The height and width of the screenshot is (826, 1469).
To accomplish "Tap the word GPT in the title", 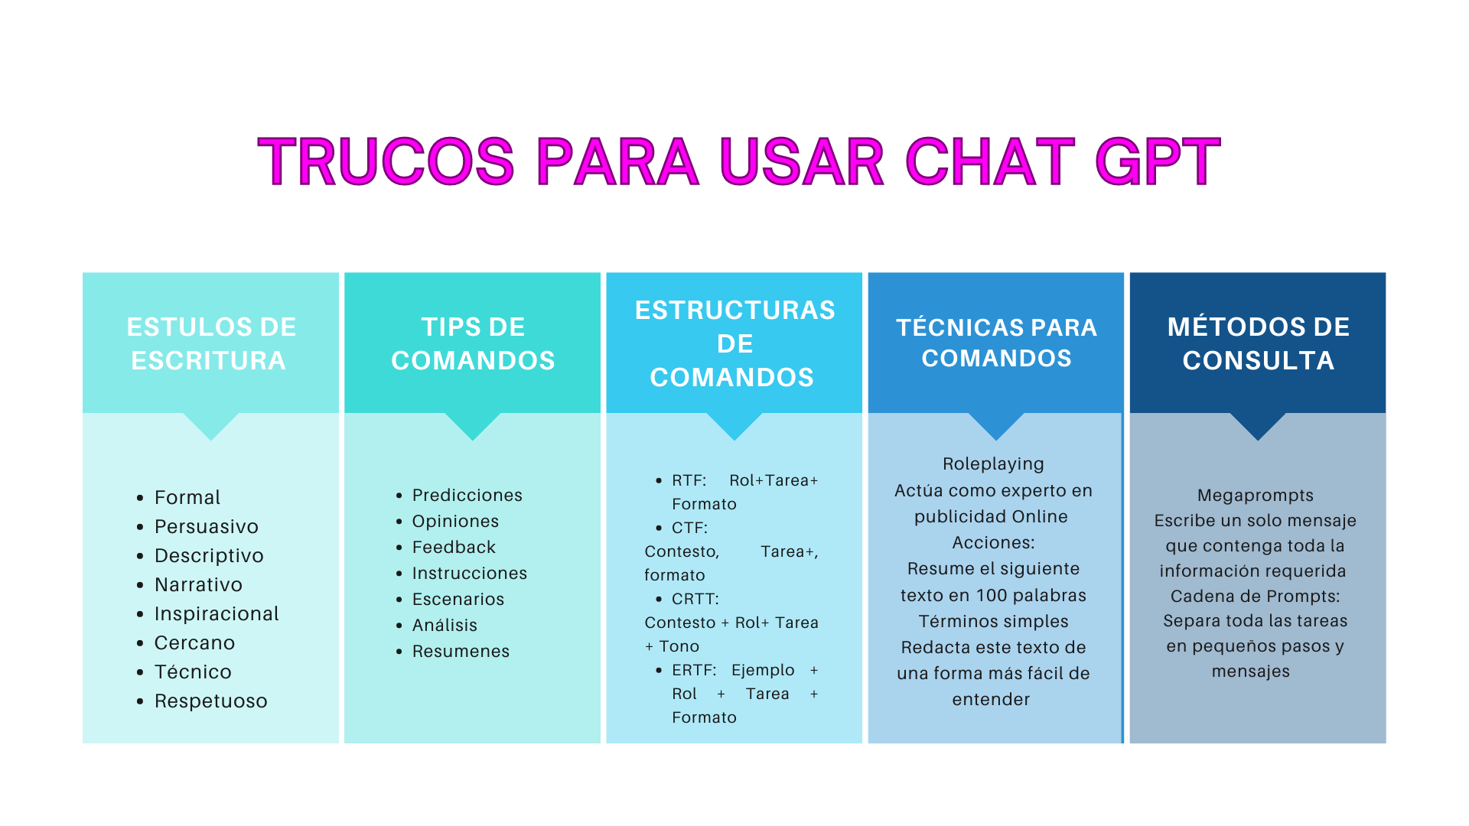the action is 1158,161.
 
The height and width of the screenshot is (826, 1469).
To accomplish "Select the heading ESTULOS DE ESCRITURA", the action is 211,343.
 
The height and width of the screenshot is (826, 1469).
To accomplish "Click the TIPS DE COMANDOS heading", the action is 473,343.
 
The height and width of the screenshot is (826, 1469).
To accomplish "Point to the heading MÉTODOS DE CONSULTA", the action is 1259,343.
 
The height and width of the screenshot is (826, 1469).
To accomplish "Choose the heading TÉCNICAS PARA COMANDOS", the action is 996,343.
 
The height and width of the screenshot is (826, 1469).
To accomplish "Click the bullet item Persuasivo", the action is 207,526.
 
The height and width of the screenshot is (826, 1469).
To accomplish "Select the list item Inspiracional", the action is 217,613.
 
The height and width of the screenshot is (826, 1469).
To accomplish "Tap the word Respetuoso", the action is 211,701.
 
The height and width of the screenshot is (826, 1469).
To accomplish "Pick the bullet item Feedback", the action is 454,547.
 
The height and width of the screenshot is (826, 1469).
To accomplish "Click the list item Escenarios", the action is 458,599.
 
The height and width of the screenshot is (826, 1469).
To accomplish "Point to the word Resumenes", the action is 461,651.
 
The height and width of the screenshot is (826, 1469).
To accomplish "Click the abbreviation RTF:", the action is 689,480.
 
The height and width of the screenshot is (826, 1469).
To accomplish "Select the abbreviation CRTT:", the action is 695,599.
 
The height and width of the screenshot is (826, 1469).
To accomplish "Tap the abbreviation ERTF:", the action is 694,670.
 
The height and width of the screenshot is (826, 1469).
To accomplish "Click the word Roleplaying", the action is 993,464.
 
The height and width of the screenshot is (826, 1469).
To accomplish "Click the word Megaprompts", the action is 1256,496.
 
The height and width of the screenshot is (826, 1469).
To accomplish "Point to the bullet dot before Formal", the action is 140,498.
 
